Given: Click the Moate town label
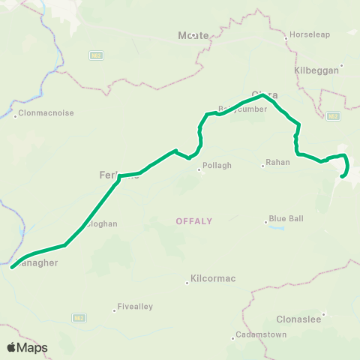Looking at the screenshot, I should click(193, 35).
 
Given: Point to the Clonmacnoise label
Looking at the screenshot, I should click(46, 115).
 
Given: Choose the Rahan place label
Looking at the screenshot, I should click(278, 162).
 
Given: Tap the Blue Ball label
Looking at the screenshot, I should click(286, 218).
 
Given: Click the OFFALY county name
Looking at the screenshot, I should click(194, 221).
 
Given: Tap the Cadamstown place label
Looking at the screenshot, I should click(261, 334).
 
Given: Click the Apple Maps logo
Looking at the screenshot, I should click(27, 347).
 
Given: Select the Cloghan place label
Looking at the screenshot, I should click(102, 223).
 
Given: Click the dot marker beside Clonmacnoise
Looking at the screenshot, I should click(16, 115).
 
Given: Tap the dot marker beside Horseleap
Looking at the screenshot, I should click(286, 36).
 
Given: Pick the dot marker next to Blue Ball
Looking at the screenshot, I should click(265, 220).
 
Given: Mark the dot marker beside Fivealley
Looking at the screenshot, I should click(115, 308).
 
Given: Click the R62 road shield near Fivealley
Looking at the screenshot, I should click(79, 318).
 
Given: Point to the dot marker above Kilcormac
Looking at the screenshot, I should click(187, 283).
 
